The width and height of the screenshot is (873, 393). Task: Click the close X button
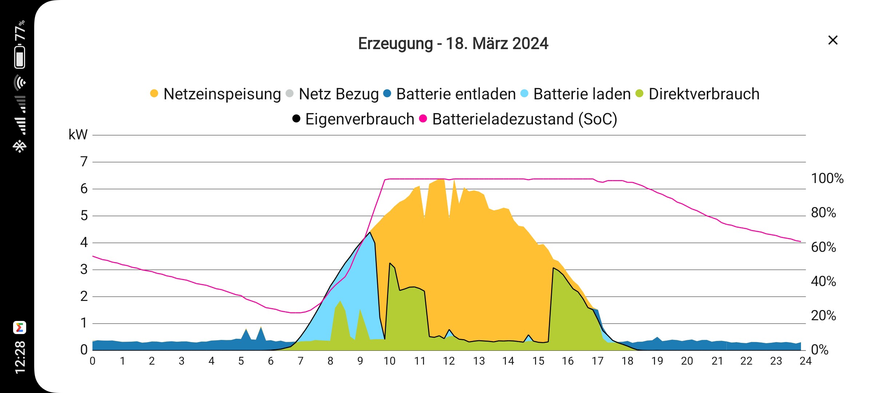pos(833,40)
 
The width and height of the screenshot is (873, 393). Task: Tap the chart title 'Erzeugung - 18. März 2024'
pos(453,44)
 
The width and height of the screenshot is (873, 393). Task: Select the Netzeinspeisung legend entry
pos(215,94)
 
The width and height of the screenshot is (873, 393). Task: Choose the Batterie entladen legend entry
pos(450,94)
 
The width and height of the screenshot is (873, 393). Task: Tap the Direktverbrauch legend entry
pos(697,94)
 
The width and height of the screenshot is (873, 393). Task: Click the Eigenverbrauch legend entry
pos(354,119)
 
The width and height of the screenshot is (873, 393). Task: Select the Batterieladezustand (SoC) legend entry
pos(518,119)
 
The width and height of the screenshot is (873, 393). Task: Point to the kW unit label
pos(78,135)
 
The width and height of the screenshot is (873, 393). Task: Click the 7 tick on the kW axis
pos(84,162)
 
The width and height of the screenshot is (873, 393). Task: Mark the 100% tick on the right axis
pos(827,178)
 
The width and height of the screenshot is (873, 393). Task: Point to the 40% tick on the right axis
pos(823,281)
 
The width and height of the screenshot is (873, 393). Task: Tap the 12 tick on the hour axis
pos(449,361)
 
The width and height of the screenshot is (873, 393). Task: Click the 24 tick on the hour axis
pos(805,361)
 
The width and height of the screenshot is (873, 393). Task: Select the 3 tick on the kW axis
pos(84,269)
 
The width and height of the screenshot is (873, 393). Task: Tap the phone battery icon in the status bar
pos(20,57)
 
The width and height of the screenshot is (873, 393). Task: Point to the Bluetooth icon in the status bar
pos(20,146)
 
